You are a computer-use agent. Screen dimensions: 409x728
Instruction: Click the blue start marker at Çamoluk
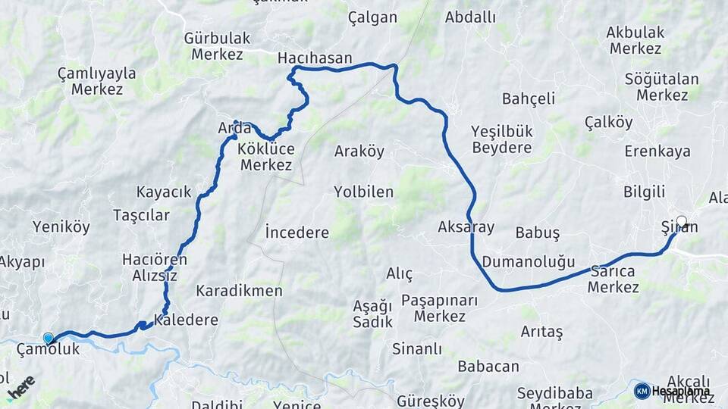tap(49, 338)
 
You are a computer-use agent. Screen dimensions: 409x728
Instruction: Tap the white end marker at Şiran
tap(681, 222)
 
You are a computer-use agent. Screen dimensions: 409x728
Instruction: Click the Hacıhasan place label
tap(315, 58)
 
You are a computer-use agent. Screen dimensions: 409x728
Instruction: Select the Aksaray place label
tap(466, 226)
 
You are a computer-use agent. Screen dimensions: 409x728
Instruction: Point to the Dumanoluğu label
tap(529, 263)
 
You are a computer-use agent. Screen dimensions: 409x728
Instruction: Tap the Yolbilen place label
tap(363, 192)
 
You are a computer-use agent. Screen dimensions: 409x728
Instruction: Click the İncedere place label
tap(297, 233)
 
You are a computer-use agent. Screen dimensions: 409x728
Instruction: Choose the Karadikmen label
tap(239, 291)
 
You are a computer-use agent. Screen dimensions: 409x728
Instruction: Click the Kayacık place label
tap(164, 192)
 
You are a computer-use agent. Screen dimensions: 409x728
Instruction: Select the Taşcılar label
tap(141, 215)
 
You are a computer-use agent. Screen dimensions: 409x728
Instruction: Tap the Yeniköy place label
tap(61, 226)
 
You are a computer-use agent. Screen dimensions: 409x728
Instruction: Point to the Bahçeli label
tap(529, 98)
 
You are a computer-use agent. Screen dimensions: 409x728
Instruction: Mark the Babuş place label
tap(537, 233)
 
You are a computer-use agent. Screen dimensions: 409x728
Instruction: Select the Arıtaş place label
tap(541, 332)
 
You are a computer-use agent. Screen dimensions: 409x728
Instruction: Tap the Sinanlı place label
tap(416, 349)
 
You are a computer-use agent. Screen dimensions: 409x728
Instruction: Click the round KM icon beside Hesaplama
tap(642, 391)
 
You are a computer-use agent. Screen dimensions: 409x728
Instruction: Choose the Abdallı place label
tap(470, 17)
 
